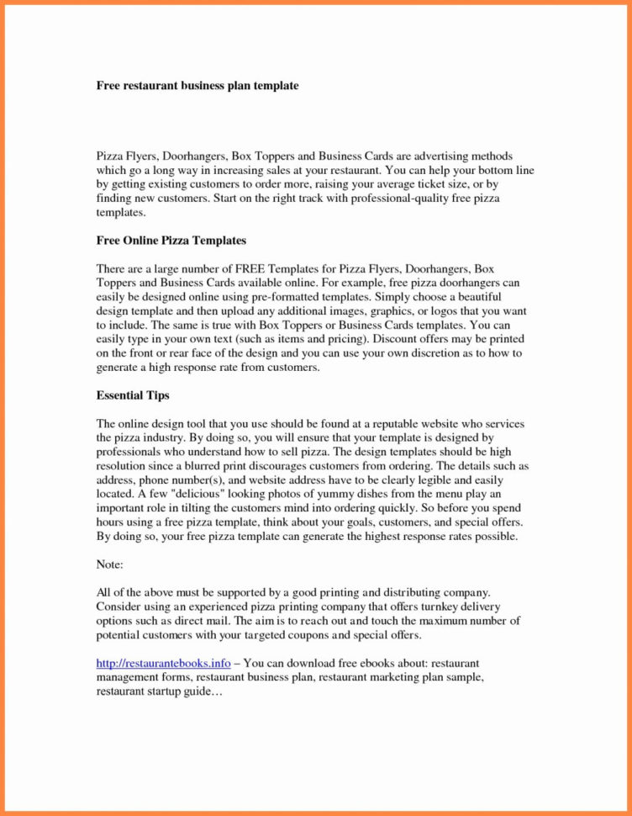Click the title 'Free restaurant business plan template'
(x=197, y=86)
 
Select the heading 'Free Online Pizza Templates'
(x=171, y=241)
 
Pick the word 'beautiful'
(x=477, y=298)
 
